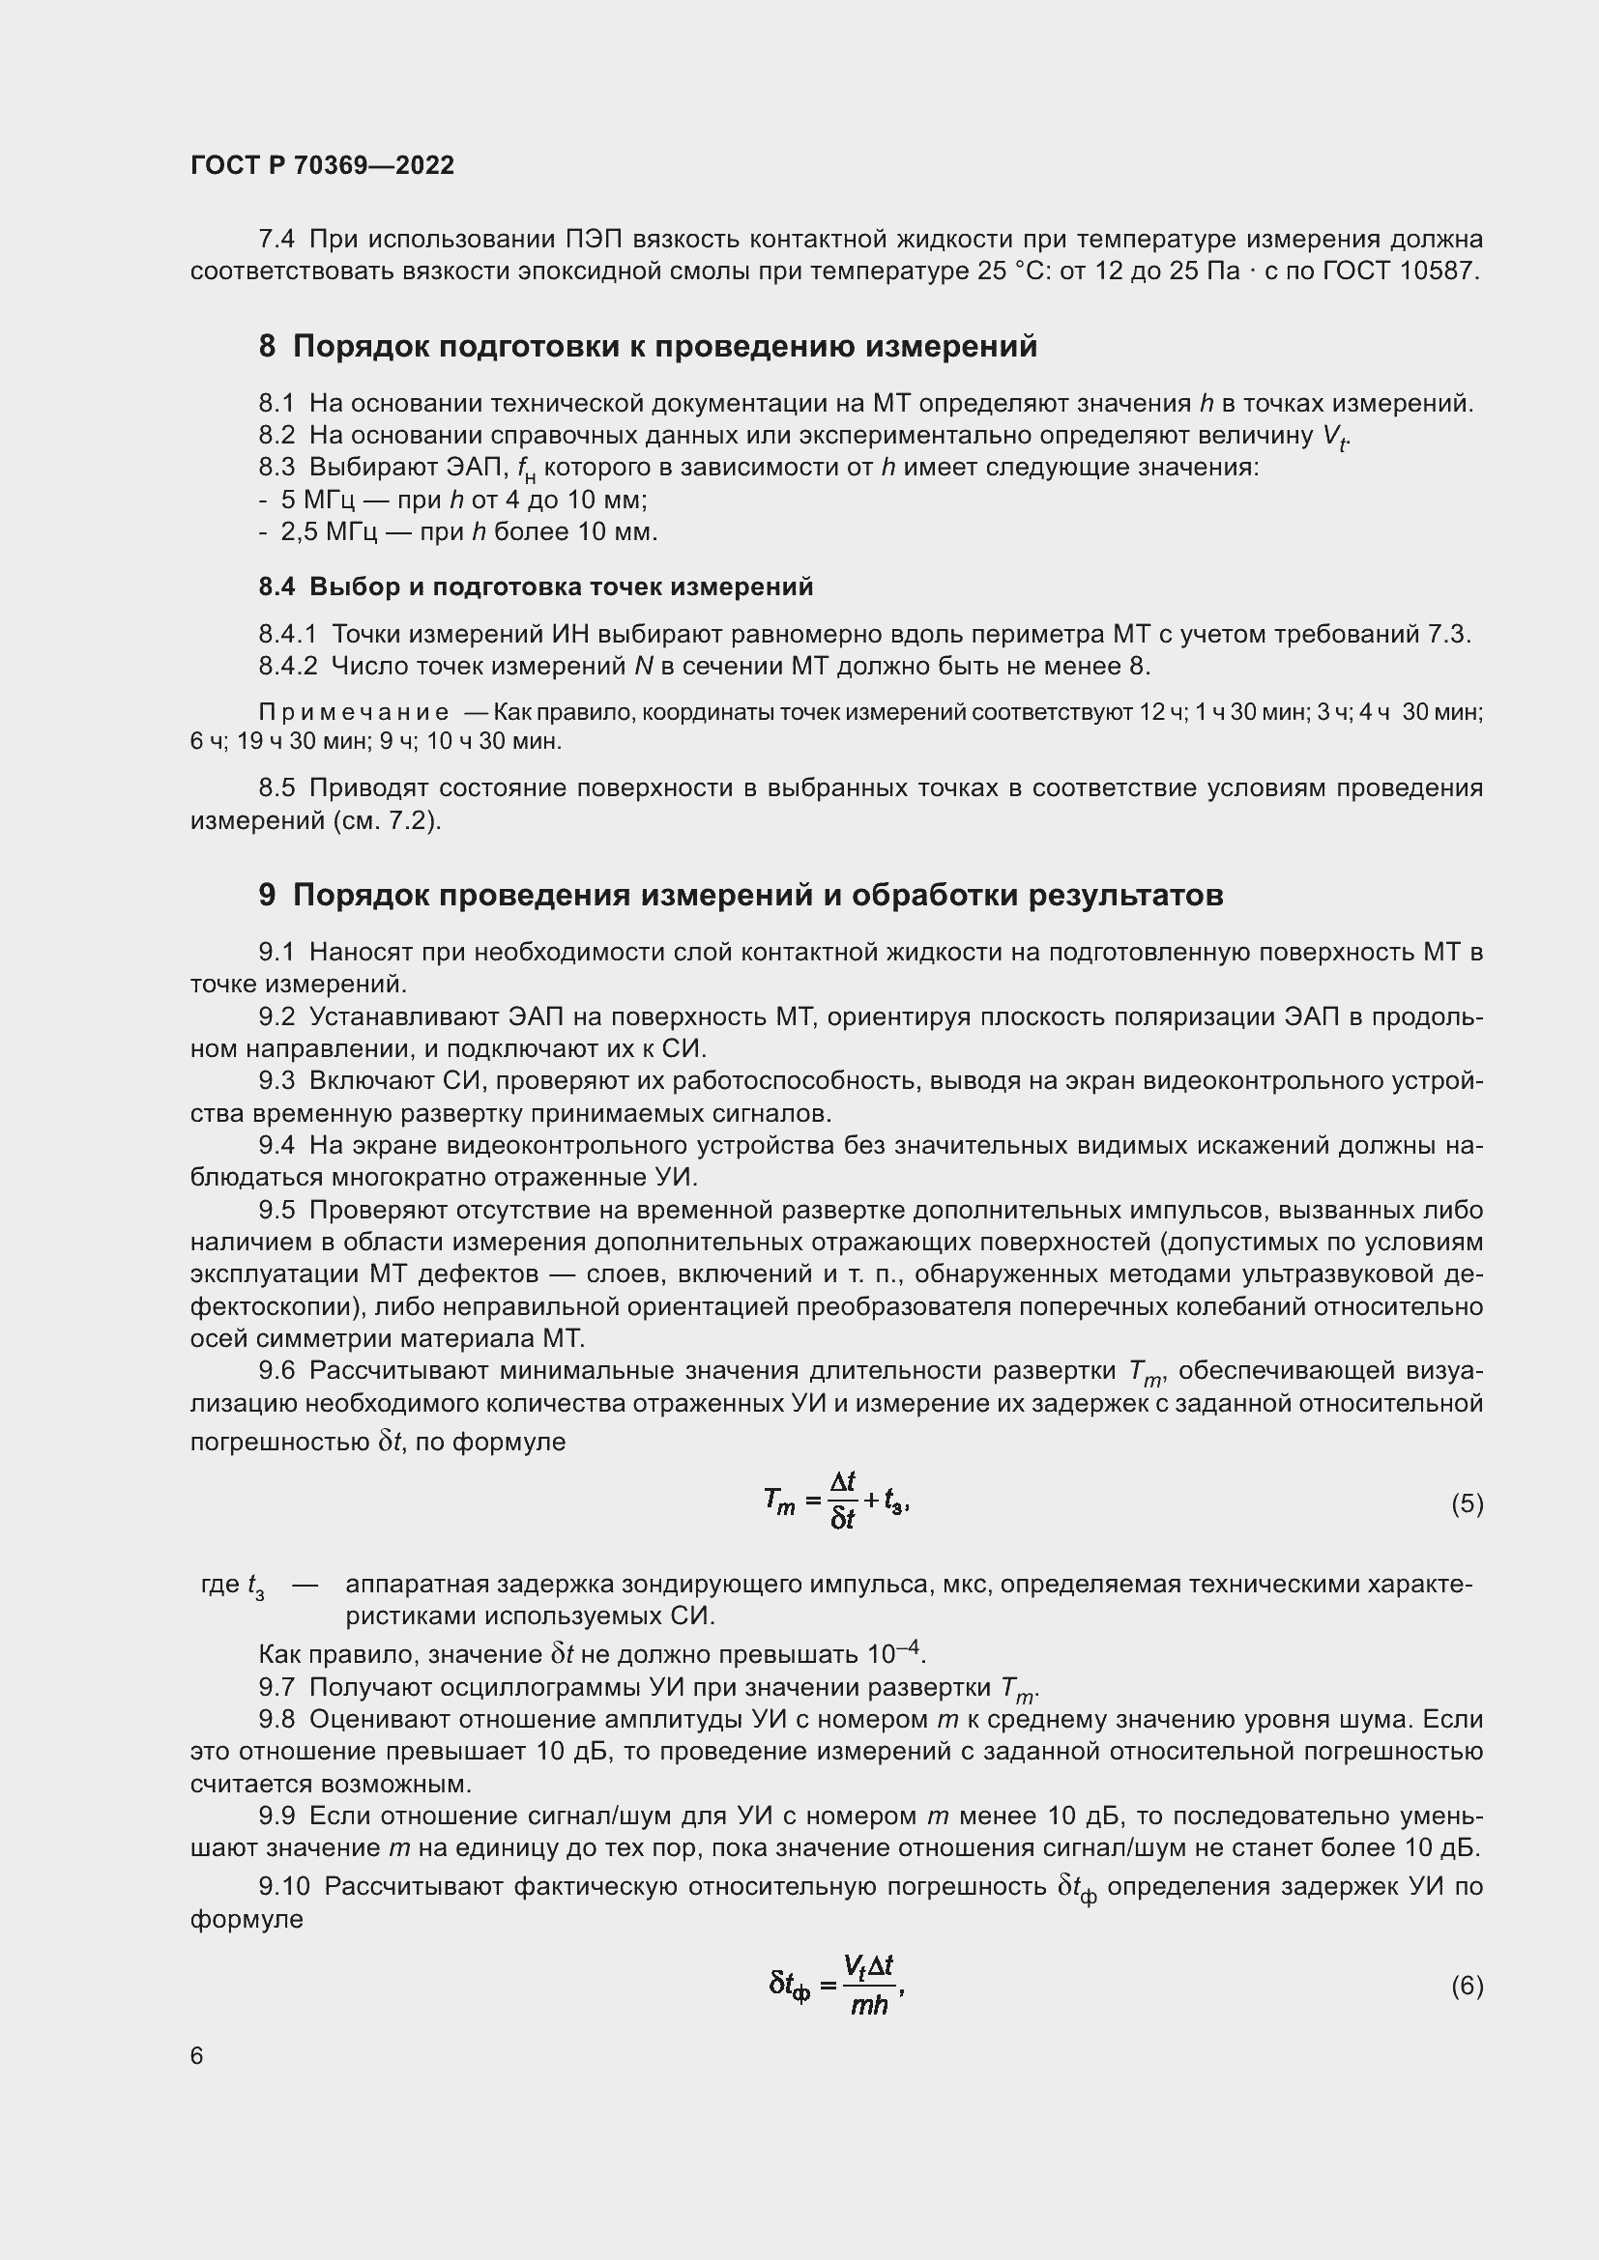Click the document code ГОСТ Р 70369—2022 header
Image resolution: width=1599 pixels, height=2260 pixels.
tap(322, 165)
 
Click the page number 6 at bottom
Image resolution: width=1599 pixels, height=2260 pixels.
tap(197, 2056)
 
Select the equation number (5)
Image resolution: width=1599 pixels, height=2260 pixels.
tap(1467, 1503)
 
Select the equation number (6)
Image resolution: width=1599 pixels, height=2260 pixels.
tap(1467, 1986)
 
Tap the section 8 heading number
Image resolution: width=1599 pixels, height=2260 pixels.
tap(267, 347)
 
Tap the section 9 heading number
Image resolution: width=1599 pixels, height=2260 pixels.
tap(267, 895)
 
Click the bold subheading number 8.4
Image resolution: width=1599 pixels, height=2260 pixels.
tap(276, 586)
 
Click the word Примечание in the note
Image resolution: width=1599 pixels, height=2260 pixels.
tap(353, 712)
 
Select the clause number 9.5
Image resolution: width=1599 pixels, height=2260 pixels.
tap(276, 1210)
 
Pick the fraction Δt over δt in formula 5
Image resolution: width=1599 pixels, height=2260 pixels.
tap(843, 1501)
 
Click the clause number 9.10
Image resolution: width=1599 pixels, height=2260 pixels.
tap(283, 1886)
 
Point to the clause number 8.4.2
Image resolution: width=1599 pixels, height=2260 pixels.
tap(287, 667)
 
